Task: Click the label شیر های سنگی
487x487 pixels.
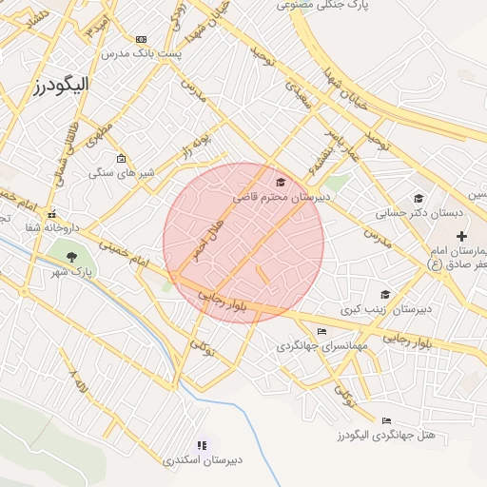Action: [x=115, y=173]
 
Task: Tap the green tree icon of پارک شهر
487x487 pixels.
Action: [x=70, y=254]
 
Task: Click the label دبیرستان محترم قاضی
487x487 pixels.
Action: [x=281, y=197]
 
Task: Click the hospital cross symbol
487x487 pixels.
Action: [x=462, y=235]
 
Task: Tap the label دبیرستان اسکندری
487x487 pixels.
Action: [x=203, y=460]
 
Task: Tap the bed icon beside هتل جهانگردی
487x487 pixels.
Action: [x=385, y=419]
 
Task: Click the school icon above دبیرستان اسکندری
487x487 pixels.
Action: [x=201, y=445]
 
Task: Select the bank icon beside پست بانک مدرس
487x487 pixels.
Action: [x=142, y=39]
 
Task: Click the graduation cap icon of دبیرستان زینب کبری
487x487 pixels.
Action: [x=384, y=295]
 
